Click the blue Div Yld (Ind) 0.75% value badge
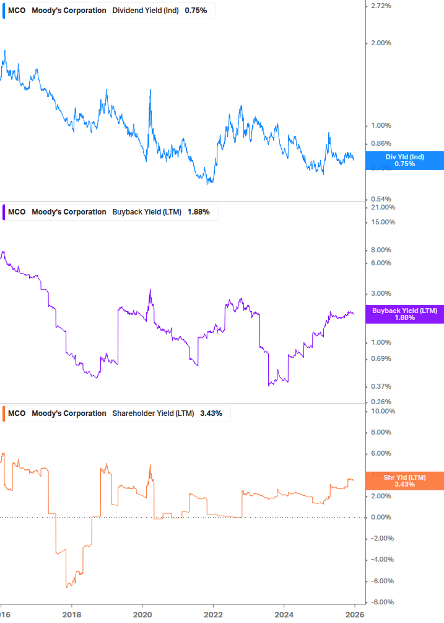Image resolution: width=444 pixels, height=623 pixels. click(x=404, y=160)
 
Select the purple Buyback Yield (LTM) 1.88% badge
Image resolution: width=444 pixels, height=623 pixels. click(x=404, y=314)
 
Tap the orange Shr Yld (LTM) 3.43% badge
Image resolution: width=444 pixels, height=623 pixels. click(x=404, y=480)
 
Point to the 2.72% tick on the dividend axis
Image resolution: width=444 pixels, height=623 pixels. click(x=380, y=6)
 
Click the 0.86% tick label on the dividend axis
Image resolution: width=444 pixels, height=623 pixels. click(x=380, y=144)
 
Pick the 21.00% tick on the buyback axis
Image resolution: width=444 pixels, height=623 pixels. click(x=382, y=207)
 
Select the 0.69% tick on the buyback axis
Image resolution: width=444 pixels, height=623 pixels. click(x=380, y=359)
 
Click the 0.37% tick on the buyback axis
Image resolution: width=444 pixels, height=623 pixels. click(x=380, y=387)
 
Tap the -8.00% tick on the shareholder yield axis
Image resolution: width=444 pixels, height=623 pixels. click(x=381, y=602)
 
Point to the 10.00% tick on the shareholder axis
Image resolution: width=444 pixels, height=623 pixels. click(x=382, y=411)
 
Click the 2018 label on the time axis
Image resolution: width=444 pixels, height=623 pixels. click(x=72, y=614)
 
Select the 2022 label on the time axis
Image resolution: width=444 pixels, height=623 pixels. click(x=213, y=614)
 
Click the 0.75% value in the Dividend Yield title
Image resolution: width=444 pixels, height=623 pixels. click(x=196, y=11)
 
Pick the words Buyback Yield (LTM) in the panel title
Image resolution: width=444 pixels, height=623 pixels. click(x=147, y=212)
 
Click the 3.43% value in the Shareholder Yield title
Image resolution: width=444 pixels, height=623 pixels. click(x=211, y=413)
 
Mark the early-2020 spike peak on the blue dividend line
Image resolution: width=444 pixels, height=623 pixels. click(x=150, y=90)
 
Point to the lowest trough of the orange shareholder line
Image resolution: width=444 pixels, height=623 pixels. click(x=66, y=586)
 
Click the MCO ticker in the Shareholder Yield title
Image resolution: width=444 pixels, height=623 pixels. click(x=17, y=413)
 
